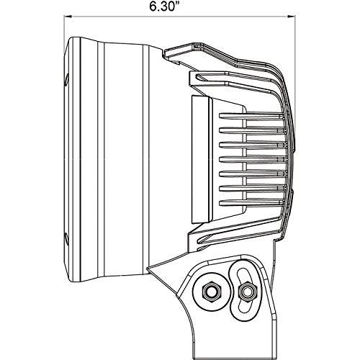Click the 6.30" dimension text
(165, 6)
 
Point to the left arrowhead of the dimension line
(67, 17)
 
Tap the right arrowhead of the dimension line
(291, 17)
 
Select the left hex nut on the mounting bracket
(210, 292)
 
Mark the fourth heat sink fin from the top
(252, 159)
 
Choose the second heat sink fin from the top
(251, 130)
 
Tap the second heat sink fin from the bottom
(251, 189)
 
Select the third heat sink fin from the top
(252, 145)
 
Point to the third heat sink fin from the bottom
(252, 174)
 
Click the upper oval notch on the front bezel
(67, 80)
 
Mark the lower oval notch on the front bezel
(67, 238)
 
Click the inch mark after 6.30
(178, 4)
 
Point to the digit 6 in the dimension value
(153, 7)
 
